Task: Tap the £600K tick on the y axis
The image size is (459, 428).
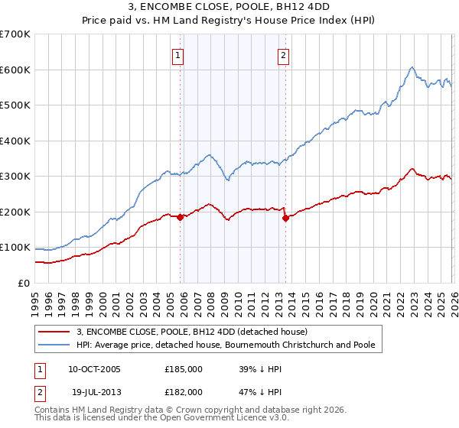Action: (x=15, y=70)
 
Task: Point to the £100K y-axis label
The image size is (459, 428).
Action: (x=15, y=248)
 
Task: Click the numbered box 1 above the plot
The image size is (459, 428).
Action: (x=178, y=55)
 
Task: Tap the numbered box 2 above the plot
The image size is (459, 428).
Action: (x=283, y=55)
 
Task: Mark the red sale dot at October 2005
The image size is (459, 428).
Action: (x=181, y=217)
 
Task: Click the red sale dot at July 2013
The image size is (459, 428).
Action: (x=285, y=218)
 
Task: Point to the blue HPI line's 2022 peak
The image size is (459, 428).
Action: (x=412, y=67)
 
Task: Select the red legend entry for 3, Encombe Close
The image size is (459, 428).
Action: (x=191, y=332)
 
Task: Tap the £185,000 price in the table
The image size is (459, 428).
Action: (x=184, y=368)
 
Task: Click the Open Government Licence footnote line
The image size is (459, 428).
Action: (x=150, y=420)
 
